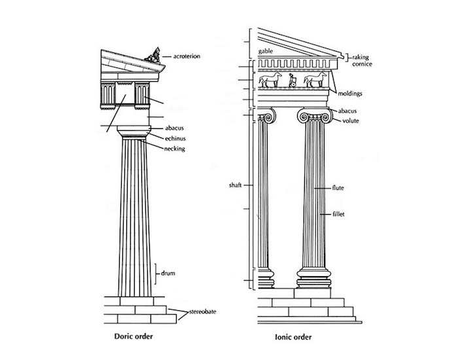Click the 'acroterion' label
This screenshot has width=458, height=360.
[183, 56]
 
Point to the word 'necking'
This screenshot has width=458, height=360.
[175, 149]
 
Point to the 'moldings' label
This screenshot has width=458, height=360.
[352, 94]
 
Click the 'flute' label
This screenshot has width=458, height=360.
[338, 189]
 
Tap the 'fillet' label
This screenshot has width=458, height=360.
[338, 214]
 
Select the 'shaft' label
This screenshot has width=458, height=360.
[235, 185]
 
